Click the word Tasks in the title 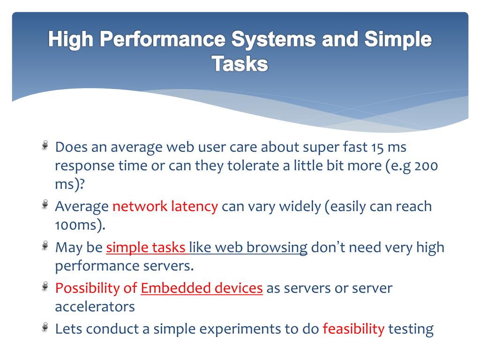click(x=240, y=64)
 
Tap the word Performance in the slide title click(x=162, y=40)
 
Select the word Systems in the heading click(x=273, y=40)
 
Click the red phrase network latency click(x=165, y=206)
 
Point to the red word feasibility click(x=353, y=329)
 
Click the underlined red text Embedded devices click(x=202, y=288)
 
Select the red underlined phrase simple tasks click(x=146, y=247)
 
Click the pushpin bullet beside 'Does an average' click(x=45, y=144)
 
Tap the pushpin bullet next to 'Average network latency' click(x=45, y=204)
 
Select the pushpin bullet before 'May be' click(x=45, y=245)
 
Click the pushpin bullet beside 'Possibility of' click(x=45, y=285)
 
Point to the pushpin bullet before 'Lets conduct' click(x=45, y=327)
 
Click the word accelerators click(x=95, y=307)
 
